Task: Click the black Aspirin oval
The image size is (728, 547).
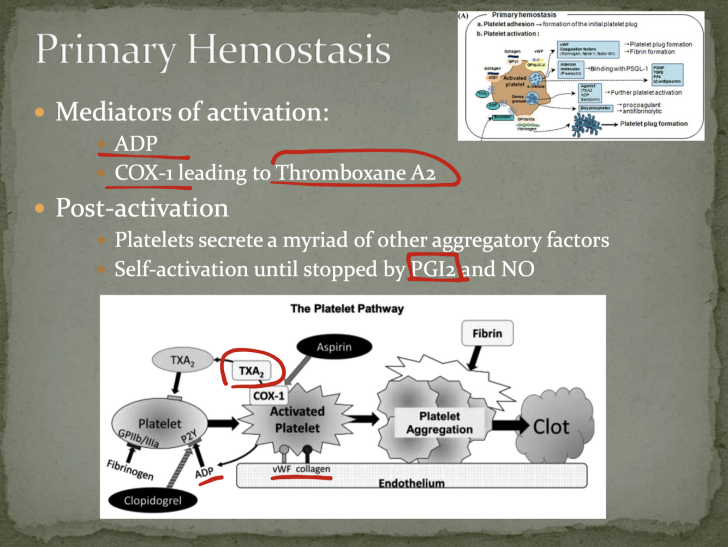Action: [x=334, y=347]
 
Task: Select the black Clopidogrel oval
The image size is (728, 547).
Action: [x=152, y=500]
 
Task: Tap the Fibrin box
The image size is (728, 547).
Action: [x=487, y=333]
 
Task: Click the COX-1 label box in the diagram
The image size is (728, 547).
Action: [x=268, y=395]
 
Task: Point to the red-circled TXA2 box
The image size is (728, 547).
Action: [x=251, y=371]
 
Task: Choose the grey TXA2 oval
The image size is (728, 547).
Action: [x=182, y=360]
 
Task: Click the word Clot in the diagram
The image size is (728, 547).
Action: [x=551, y=426]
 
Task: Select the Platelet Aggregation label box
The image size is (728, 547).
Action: [x=439, y=423]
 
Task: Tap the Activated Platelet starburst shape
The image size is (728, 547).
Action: [x=297, y=420]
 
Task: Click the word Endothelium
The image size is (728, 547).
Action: [x=411, y=483]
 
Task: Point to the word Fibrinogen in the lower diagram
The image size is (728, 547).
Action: [x=130, y=470]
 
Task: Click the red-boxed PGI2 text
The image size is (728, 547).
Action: [x=433, y=269]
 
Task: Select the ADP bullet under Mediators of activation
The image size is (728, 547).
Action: [x=136, y=144]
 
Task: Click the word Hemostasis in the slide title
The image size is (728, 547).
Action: [x=289, y=49]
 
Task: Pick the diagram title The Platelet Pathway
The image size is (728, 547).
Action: [x=347, y=309]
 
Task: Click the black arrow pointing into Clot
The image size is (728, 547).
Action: [x=510, y=425]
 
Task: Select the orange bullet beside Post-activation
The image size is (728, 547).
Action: [x=39, y=208]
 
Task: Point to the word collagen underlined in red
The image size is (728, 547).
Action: [x=313, y=469]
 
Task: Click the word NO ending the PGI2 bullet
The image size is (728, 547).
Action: [x=517, y=269]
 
